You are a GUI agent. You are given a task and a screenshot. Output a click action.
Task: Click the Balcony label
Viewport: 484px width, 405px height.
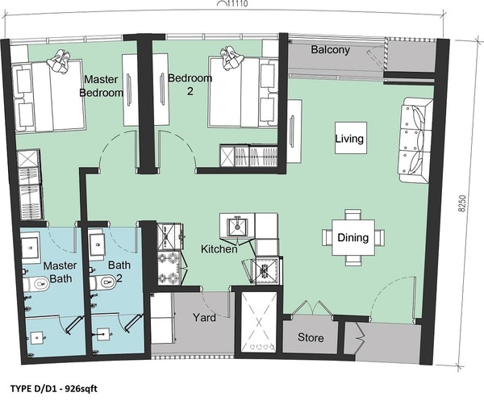pos(330,50)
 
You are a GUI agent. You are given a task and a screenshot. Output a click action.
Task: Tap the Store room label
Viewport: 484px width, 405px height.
pos(311,337)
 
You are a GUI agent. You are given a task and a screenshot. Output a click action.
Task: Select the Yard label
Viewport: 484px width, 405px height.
pos(204,317)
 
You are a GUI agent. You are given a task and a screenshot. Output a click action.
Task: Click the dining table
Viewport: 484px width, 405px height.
pos(353,237)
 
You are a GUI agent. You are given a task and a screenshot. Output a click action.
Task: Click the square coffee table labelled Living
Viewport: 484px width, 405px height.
pos(351,138)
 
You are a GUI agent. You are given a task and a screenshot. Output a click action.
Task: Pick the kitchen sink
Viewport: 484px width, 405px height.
pos(237,226)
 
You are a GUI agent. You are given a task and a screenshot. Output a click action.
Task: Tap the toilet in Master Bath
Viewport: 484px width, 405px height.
pos(35,282)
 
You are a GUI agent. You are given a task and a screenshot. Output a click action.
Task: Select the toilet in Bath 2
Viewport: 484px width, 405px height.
pos(103,282)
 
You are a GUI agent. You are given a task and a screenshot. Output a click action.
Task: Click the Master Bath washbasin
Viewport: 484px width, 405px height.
pos(30,248)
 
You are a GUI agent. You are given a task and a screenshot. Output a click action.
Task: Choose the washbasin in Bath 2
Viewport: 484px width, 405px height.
pos(98,244)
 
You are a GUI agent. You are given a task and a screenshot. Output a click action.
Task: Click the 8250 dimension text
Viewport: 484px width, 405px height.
pos(461,203)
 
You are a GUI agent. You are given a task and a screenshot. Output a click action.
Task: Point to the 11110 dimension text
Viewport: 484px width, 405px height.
pos(237,4)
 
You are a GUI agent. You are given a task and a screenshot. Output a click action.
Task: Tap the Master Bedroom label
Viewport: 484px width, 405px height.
pos(101,86)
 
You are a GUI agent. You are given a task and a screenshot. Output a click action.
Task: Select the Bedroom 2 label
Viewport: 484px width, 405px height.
pos(190,84)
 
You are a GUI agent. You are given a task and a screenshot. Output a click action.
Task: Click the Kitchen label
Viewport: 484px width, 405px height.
pos(219,248)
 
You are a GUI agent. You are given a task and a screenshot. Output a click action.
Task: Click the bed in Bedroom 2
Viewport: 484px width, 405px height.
pos(243,92)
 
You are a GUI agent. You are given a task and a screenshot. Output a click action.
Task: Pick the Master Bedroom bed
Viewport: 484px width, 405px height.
pos(48,96)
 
